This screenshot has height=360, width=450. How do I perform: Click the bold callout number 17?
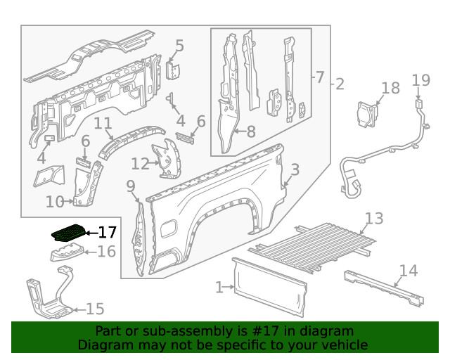tap(107, 232)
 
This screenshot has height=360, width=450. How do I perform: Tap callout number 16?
tap(106, 252)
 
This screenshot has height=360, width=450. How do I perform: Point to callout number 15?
tap(94, 309)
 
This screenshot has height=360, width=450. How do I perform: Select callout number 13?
tap(374, 219)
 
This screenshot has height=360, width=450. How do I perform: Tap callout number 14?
tap(408, 271)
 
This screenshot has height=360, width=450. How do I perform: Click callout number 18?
tap(390, 88)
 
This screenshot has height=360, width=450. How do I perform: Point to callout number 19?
tap(420, 79)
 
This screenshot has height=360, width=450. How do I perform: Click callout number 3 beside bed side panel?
tap(295, 169)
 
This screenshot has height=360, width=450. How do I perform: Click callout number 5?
tap(179, 46)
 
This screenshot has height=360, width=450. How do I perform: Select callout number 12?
tap(140, 164)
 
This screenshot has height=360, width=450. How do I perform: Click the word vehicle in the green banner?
tap(342, 345)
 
